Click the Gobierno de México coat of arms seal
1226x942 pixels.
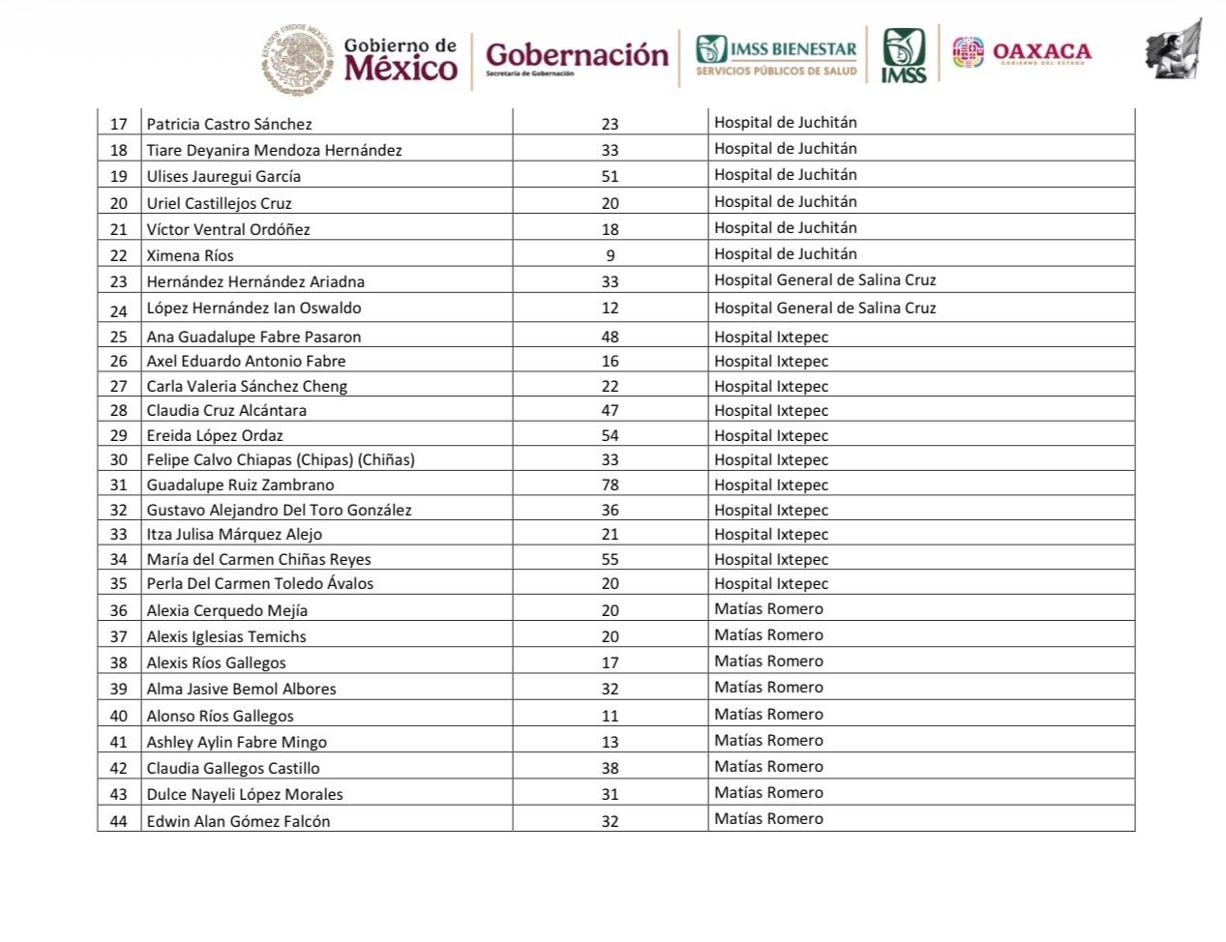pos(299,60)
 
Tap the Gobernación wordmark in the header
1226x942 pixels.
pos(577,56)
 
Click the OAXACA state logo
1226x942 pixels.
pos(1022,52)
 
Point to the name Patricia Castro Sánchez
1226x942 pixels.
pos(229,124)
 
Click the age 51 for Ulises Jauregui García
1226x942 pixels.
pos(610,177)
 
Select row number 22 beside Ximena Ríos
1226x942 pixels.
pos(119,255)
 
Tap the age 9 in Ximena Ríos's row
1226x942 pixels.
pos(610,255)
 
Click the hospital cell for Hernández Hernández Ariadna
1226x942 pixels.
pos(825,280)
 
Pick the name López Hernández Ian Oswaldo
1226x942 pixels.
pos(254,309)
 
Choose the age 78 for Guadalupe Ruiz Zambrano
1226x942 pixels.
pos(610,485)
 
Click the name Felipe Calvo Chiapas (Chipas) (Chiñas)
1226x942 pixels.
pos(281,459)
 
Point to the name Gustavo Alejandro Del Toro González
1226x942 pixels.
pos(279,510)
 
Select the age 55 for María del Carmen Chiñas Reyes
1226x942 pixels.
pos(610,559)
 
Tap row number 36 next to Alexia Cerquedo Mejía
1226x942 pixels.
pos(119,610)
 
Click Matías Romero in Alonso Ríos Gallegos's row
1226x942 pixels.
pos(768,714)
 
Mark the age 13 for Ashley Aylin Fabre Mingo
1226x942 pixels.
pos(610,742)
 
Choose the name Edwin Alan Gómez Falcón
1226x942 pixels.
pos(238,821)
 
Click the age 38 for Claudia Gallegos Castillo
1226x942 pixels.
pos(610,768)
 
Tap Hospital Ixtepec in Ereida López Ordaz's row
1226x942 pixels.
pos(771,435)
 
